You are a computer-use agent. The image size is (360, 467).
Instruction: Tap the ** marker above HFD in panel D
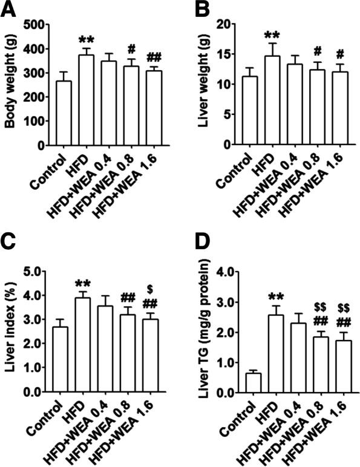click(275, 280)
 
